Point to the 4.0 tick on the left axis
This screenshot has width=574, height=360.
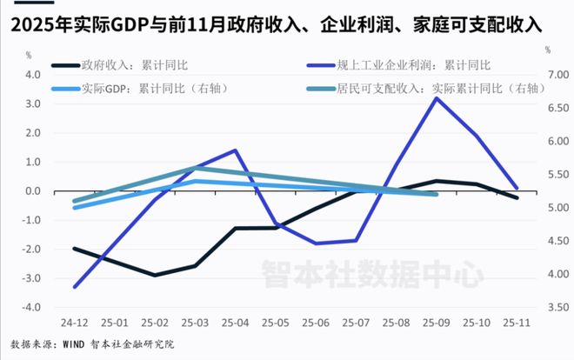click(x=33, y=75)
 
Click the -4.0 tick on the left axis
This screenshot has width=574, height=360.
click(x=31, y=308)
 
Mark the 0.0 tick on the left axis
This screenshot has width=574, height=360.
click(x=33, y=191)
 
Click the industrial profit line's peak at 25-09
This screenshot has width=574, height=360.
click(x=436, y=97)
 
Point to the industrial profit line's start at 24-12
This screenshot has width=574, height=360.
click(x=73, y=287)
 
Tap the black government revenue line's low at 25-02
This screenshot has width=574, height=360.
click(x=154, y=276)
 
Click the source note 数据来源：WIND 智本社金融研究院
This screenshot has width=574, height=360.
click(x=93, y=343)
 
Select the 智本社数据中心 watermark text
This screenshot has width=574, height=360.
click(x=372, y=277)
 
